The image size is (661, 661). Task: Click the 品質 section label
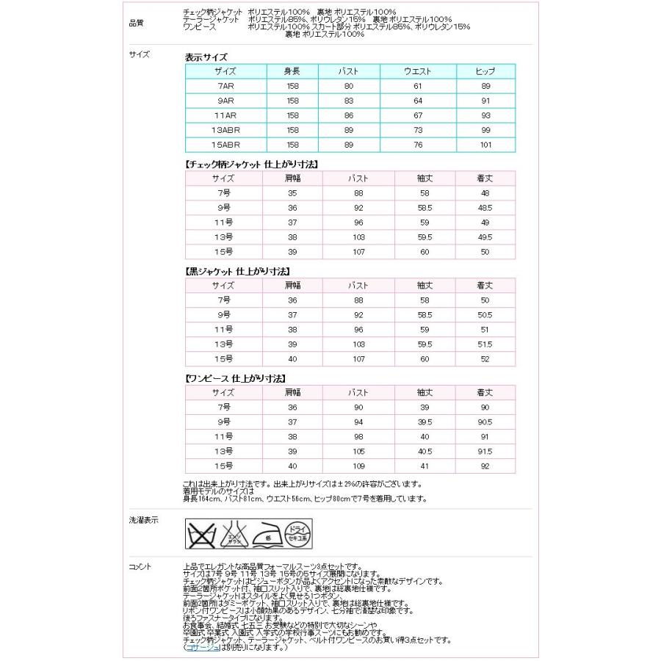coord(136,23)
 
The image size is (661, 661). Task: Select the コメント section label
coord(140,566)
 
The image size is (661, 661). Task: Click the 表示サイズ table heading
coord(206,57)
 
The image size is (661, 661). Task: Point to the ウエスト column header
coord(417,71)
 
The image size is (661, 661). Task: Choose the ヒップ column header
coord(485,71)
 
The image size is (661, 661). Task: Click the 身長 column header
coord(292,71)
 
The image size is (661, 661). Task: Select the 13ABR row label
coord(223,130)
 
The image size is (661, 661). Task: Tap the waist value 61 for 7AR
coord(417,86)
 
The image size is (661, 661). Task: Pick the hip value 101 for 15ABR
coord(485,145)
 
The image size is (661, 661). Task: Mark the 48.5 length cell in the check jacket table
coord(485,208)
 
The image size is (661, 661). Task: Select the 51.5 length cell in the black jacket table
coord(485,344)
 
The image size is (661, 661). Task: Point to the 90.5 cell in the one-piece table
coord(485,422)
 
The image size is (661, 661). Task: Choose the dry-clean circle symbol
coord(297,532)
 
